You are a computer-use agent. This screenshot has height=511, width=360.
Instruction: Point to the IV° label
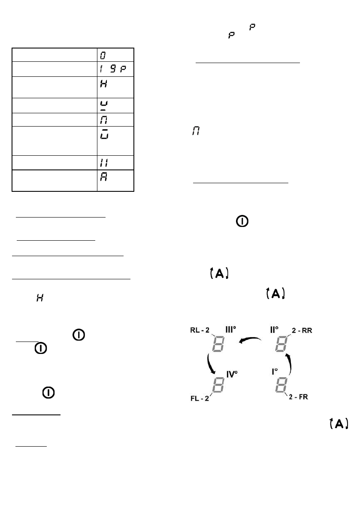232,375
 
